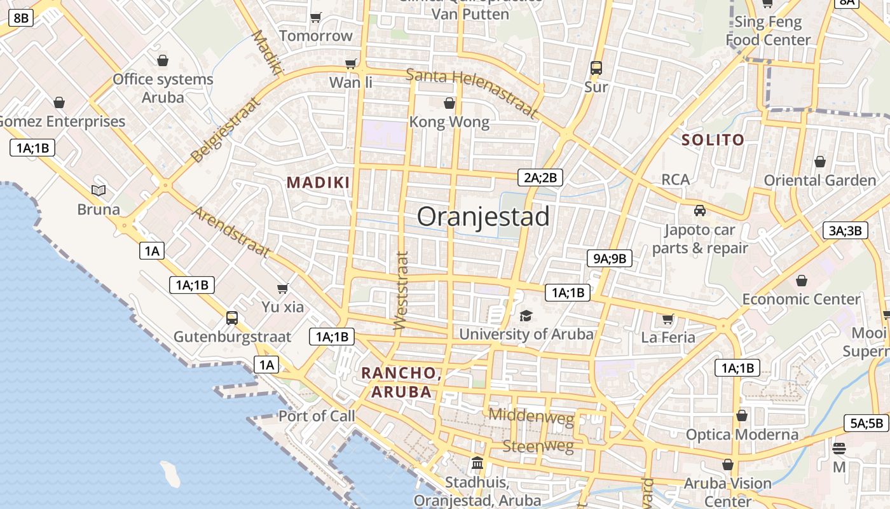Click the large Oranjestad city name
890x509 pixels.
[x=483, y=217]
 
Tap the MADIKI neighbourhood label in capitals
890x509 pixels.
[x=318, y=183]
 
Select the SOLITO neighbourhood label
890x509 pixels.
[x=713, y=141]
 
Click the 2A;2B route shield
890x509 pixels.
[x=540, y=178]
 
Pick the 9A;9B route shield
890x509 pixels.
[x=610, y=258]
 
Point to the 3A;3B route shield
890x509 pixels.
[x=845, y=230]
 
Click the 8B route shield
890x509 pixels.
[x=21, y=17]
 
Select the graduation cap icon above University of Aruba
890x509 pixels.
[x=526, y=316]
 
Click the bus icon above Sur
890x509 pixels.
[x=596, y=67]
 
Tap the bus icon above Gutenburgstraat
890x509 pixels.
[x=232, y=317]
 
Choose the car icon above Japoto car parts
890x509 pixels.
[x=699, y=211]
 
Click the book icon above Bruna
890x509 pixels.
[x=98, y=190]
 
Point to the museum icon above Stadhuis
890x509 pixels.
[x=477, y=463]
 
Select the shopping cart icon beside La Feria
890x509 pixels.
[x=667, y=319]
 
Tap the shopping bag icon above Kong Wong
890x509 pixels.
[x=449, y=103]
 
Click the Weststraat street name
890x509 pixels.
[x=400, y=291]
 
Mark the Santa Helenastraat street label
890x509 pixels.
[x=472, y=93]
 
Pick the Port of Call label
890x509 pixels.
[x=317, y=416]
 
